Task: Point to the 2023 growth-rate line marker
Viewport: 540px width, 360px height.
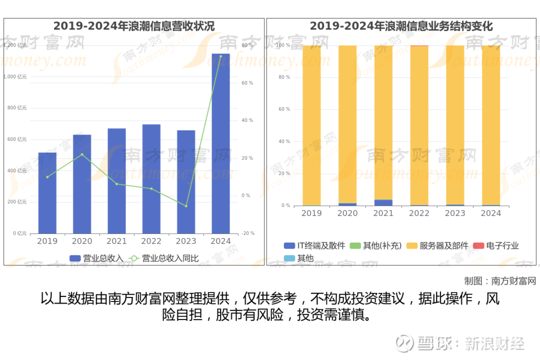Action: pyautogui.click(x=186, y=206)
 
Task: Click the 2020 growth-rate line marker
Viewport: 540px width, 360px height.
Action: pyautogui.click(x=82, y=154)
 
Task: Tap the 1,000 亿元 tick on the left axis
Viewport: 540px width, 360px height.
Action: pyautogui.click(x=15, y=76)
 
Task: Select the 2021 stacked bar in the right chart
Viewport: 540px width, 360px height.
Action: pyautogui.click(x=383, y=125)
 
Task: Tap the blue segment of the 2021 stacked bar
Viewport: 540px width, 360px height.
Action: pyautogui.click(x=383, y=202)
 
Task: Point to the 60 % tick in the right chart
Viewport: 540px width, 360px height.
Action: pyautogui.click(x=284, y=109)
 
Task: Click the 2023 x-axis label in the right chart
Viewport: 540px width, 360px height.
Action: pyautogui.click(x=455, y=213)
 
